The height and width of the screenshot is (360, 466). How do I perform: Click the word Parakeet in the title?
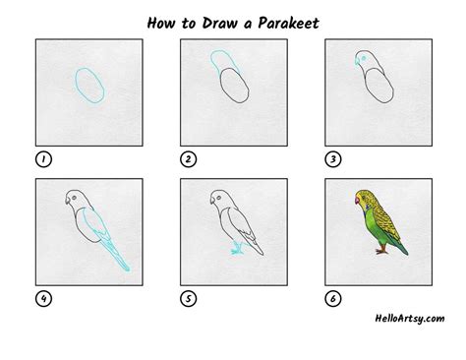288,24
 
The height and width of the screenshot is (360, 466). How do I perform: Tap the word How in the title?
161,24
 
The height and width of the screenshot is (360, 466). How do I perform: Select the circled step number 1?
43,159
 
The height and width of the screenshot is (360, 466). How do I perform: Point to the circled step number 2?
189,159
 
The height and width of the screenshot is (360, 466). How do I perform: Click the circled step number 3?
333,159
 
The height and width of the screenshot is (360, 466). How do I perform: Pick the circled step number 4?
43,299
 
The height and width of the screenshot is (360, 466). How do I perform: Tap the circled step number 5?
189,299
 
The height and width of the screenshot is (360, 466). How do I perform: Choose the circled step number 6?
333,299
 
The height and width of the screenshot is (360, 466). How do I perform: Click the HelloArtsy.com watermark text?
410,319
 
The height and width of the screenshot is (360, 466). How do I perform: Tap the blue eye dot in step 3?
363,58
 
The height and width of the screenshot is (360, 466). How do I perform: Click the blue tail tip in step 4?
127,270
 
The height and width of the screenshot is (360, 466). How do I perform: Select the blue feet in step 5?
237,249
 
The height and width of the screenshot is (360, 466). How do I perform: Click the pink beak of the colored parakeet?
357,201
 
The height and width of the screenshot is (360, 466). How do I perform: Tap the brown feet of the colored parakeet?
381,251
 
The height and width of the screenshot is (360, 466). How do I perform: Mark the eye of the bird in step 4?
75,198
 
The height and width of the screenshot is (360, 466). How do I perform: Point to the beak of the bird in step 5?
212,201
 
